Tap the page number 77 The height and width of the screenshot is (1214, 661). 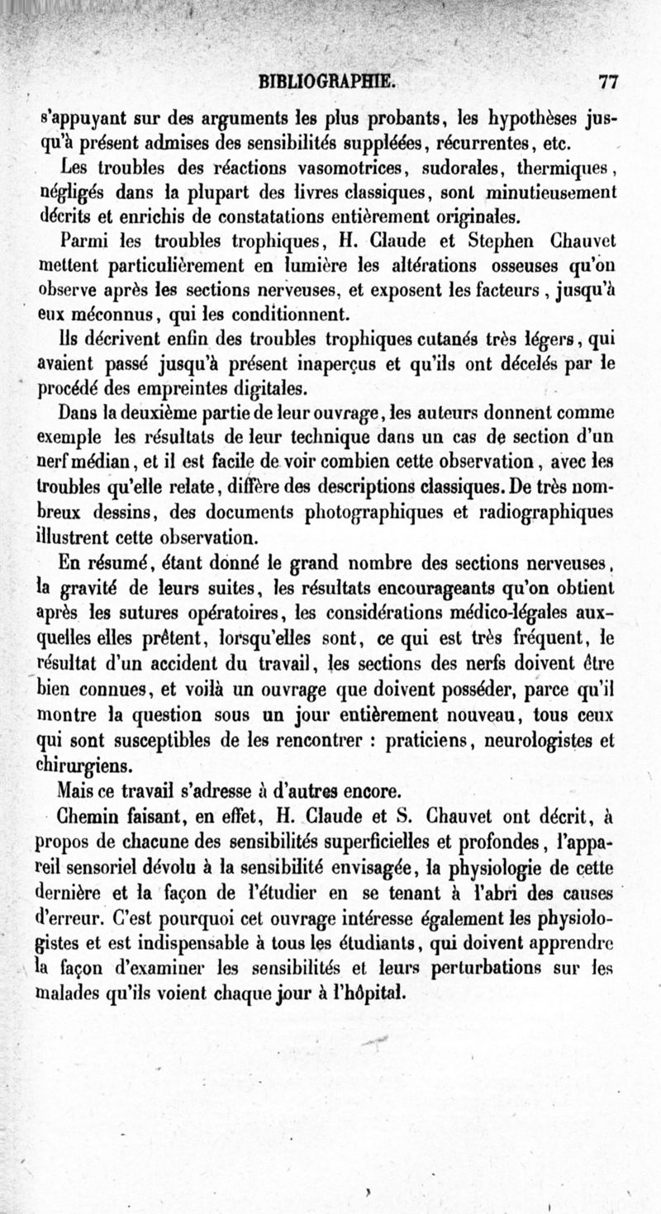610,82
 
